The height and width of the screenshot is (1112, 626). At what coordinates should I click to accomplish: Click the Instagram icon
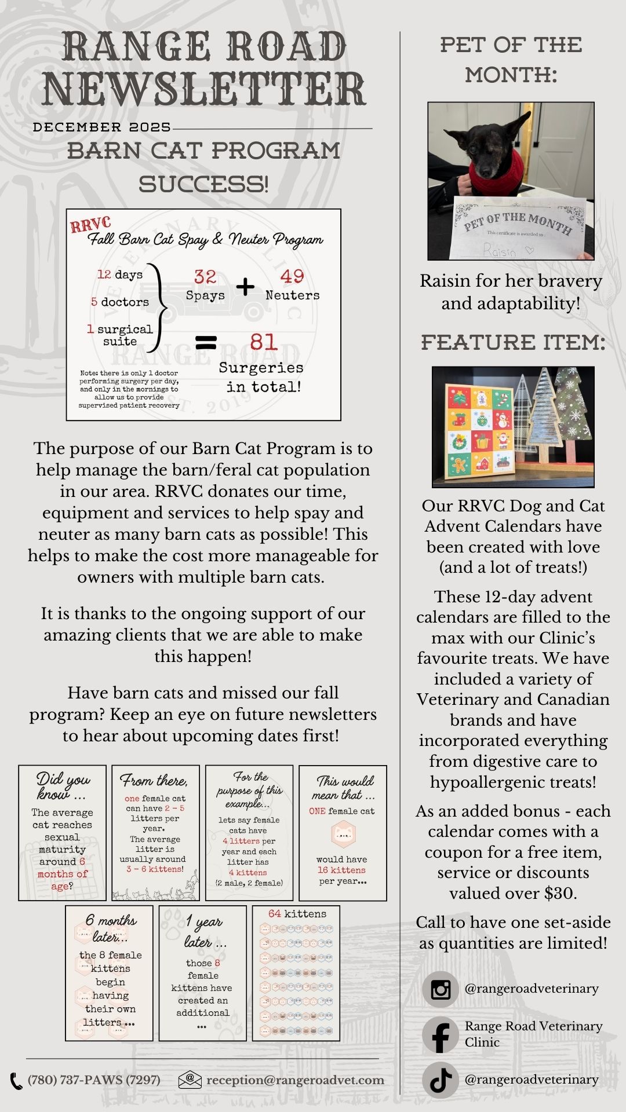[x=441, y=989]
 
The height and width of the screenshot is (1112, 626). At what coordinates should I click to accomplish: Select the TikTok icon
[x=441, y=1080]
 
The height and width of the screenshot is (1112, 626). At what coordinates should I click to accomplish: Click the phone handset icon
[x=16, y=1081]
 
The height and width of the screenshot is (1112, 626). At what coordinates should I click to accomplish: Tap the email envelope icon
[x=190, y=1080]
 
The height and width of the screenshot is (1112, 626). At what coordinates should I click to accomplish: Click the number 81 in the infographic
[x=264, y=342]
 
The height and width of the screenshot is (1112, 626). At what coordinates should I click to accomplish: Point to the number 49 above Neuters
[x=292, y=276]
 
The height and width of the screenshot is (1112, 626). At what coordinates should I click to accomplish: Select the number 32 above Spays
[x=205, y=277]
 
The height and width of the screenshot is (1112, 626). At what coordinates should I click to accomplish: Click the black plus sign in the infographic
[x=245, y=286]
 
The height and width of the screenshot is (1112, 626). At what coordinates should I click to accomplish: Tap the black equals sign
[x=206, y=343]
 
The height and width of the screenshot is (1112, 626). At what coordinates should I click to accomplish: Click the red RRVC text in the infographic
[x=90, y=225]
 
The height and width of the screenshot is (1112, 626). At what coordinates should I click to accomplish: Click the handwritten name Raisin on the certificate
[x=500, y=251]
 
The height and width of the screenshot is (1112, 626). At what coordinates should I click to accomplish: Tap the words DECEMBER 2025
[x=102, y=127]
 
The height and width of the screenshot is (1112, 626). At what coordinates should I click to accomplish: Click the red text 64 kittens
[x=297, y=914]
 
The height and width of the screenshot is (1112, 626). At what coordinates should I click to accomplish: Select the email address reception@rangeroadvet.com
[x=295, y=1080]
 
